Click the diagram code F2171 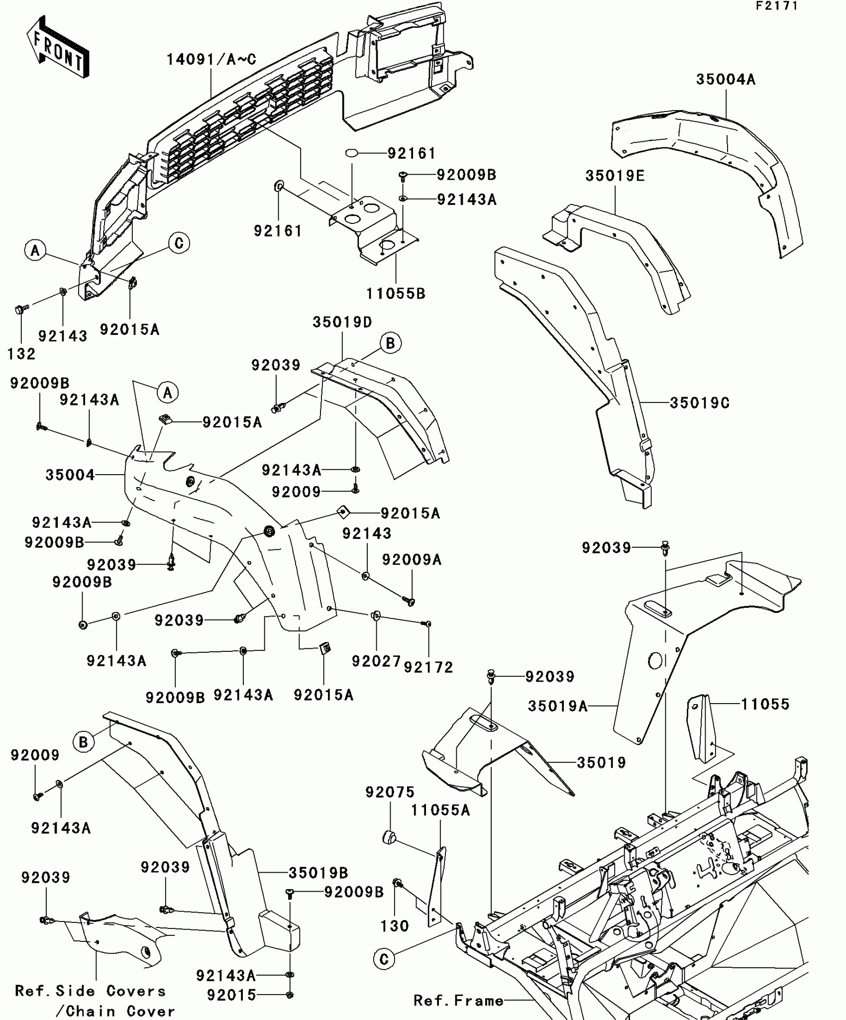click(776, 6)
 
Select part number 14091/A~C click(211, 60)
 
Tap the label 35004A click(725, 80)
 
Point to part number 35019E click(615, 176)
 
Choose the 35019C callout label click(699, 403)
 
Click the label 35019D click(342, 322)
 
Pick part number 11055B click(396, 294)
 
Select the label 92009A click(412, 560)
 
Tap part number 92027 click(376, 661)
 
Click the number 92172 click(428, 667)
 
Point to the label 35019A click(557, 706)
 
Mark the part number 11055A click(440, 811)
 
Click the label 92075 click(390, 792)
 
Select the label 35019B click(318, 873)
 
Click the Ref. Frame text click(458, 1001)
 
